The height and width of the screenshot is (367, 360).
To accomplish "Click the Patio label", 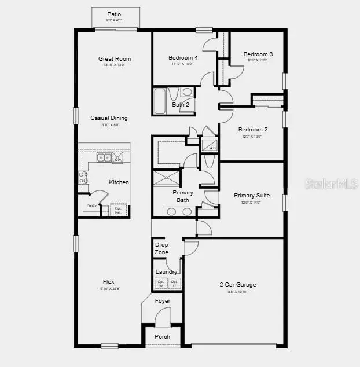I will click(114, 14).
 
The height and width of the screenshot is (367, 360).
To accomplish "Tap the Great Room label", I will click(115, 58).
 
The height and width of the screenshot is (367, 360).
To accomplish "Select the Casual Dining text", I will click(109, 118).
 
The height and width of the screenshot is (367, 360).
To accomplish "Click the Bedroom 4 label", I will click(183, 58).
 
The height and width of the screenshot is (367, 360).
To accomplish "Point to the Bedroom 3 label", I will click(258, 54).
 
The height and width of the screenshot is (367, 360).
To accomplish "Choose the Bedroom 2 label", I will click(253, 130).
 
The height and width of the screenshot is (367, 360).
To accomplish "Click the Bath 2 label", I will click(181, 105).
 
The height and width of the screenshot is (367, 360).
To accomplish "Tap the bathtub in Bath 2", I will click(160, 101).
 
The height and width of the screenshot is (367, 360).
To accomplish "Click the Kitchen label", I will click(119, 182).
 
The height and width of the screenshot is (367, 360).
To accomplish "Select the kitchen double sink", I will click(104, 157).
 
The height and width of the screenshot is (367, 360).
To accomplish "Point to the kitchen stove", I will click(83, 177).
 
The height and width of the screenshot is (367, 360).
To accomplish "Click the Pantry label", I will click(91, 205).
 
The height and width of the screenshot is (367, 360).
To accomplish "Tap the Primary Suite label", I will click(252, 196).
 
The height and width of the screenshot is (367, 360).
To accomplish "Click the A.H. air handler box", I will click(208, 145).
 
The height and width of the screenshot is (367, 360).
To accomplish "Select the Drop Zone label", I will click(162, 248).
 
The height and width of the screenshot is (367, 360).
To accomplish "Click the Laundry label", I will click(167, 271).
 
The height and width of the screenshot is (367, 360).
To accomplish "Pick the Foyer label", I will click(163, 301).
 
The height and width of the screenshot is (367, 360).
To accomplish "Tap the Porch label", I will click(163, 336).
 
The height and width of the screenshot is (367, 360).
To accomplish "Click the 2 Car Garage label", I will click(237, 285).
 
